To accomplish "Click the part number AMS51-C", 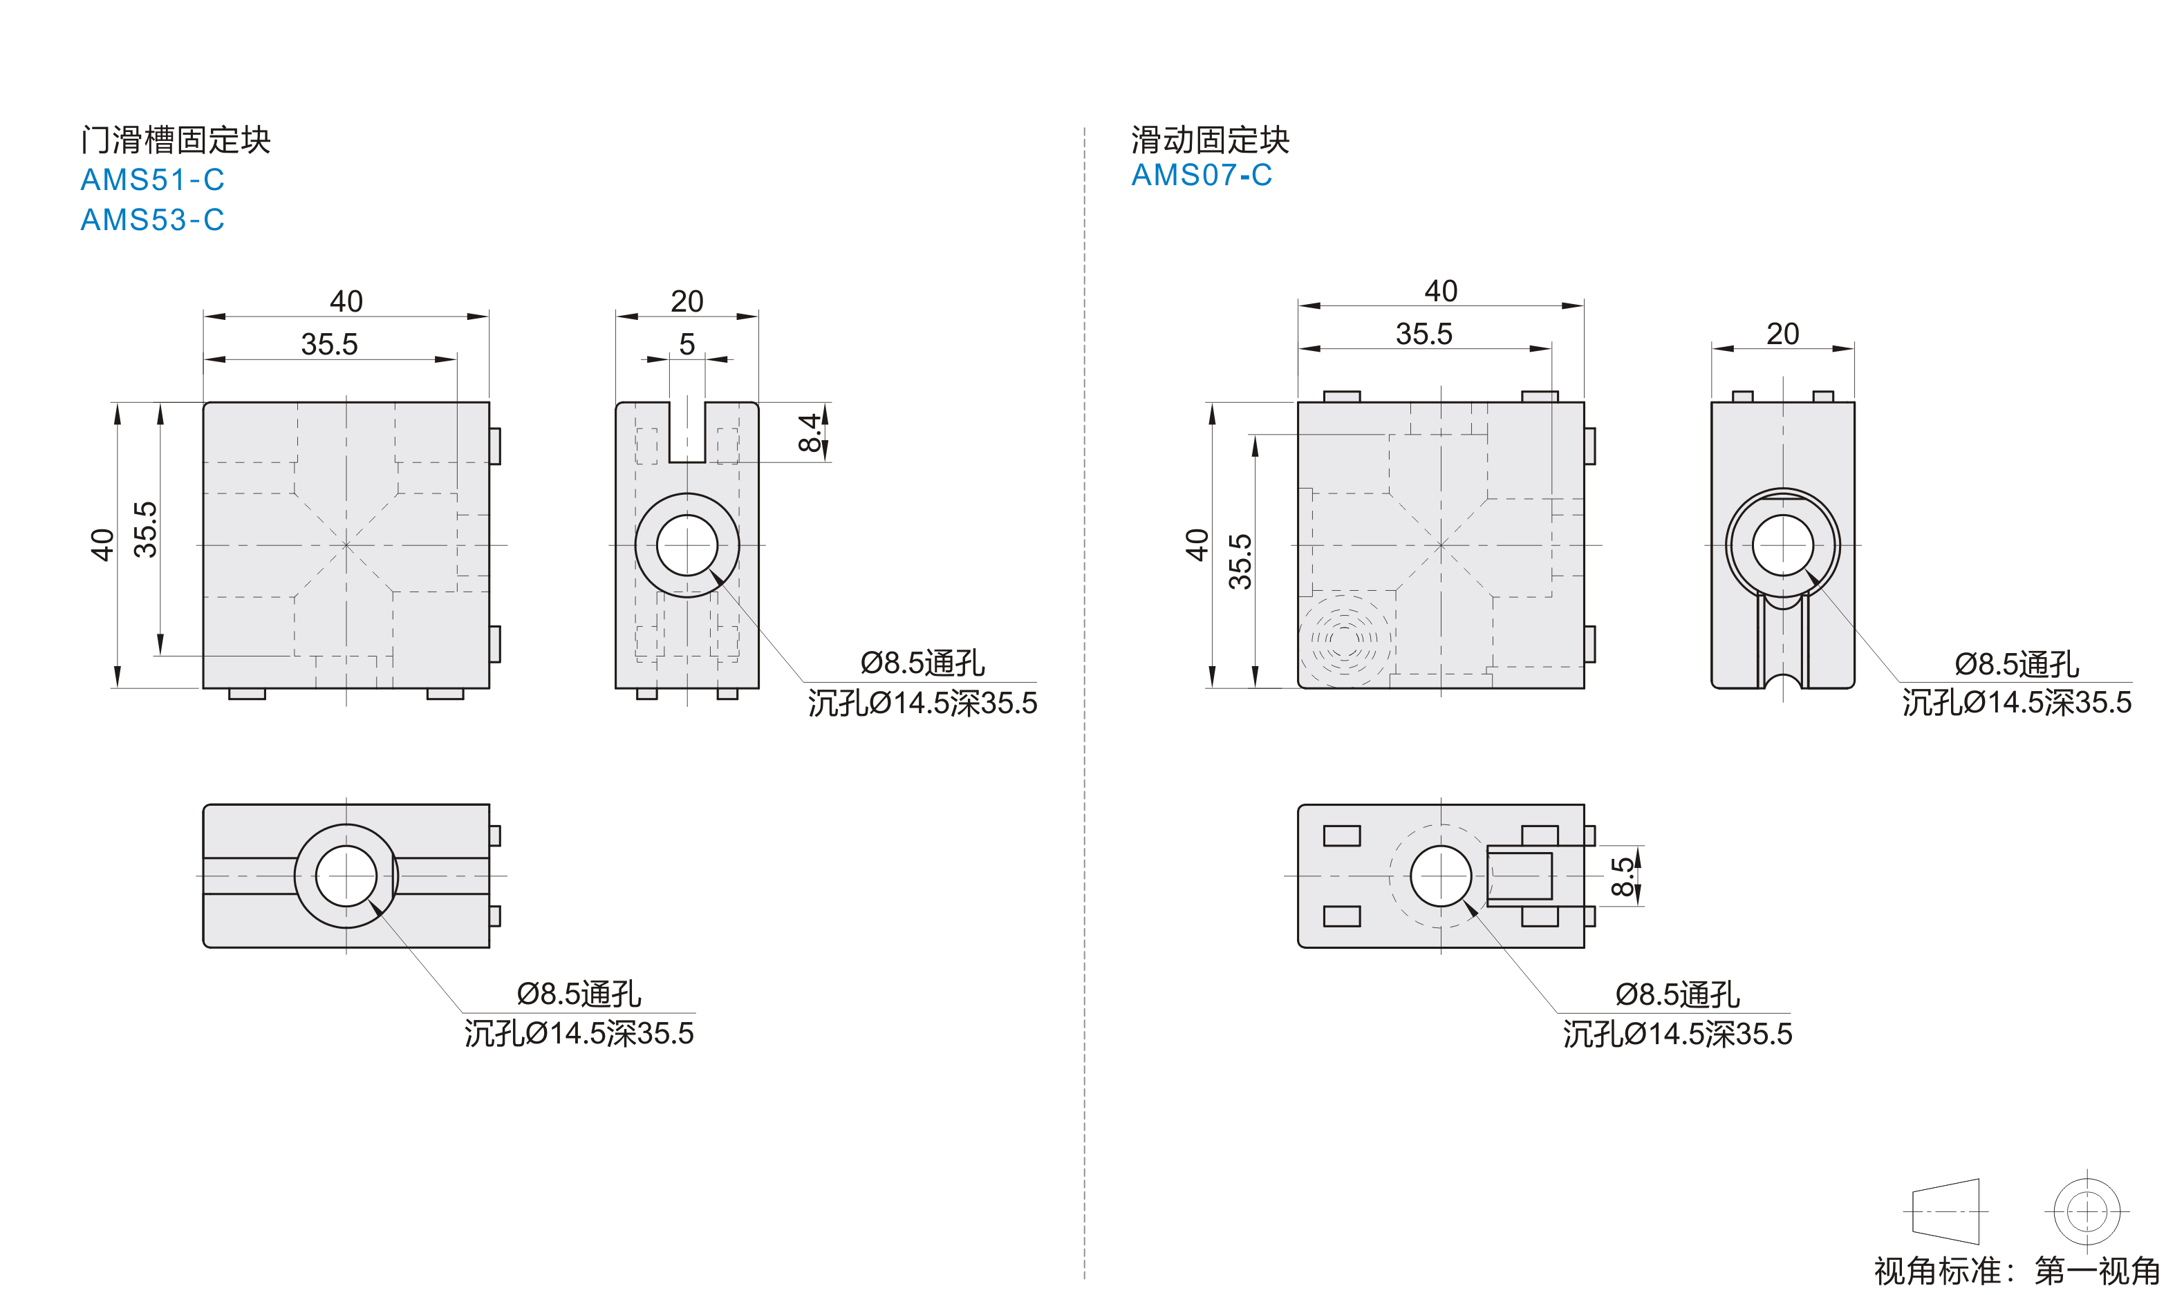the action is [x=153, y=180].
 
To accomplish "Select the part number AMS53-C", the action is [x=153, y=220].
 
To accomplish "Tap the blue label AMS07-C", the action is [x=1202, y=176].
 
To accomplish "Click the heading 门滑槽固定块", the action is [x=176, y=140].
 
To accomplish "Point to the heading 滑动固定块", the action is [x=1210, y=140].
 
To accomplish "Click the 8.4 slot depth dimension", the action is [x=811, y=433].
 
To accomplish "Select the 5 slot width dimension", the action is [x=687, y=344].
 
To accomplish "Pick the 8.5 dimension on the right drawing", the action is [x=1623, y=876].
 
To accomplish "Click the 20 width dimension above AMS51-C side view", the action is [x=687, y=301].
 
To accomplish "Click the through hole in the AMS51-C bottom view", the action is [x=346, y=876].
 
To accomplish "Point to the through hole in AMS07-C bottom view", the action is [x=1441, y=876].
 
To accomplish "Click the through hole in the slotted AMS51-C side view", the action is [x=687, y=545].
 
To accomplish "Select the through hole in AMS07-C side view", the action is [x=1782, y=545].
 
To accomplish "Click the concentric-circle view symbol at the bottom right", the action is [x=2087, y=1211].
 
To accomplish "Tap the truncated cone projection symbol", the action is [x=1945, y=1211].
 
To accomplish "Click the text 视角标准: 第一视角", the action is [x=2017, y=1271].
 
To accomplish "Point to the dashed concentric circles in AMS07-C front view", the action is [x=1345, y=640].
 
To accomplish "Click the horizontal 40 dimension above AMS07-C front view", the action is [x=1441, y=291].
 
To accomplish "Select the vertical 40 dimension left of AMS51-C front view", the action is [x=103, y=545].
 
